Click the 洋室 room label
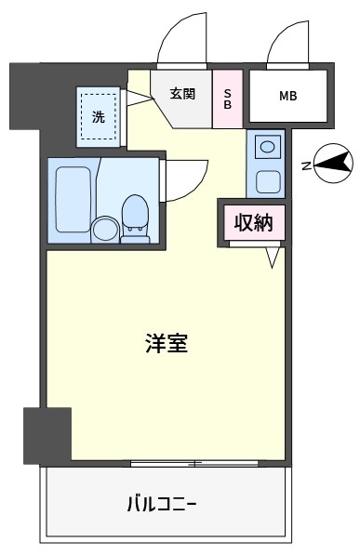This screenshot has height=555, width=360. (167, 343)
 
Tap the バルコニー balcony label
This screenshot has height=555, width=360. (161, 503)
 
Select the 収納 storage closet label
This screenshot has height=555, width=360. (254, 222)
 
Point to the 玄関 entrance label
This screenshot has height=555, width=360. (182, 94)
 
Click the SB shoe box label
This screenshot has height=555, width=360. (228, 99)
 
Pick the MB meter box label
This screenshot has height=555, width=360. (287, 96)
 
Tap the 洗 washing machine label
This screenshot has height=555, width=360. (99, 116)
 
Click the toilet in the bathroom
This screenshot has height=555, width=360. (135, 218)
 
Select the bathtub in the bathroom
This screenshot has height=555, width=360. (73, 200)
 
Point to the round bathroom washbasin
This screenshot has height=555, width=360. (105, 230)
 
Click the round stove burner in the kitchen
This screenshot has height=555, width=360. (266, 146)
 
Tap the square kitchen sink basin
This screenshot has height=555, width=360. (268, 181)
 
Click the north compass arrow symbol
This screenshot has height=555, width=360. (333, 164)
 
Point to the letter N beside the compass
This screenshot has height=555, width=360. (306, 166)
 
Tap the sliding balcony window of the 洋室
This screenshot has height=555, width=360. (194, 463)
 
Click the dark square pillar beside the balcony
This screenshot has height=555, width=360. (47, 436)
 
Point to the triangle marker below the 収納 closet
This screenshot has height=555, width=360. (273, 258)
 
